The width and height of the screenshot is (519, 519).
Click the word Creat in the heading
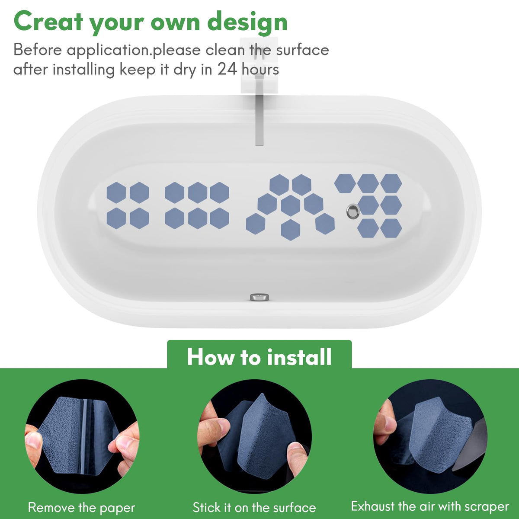(48, 22)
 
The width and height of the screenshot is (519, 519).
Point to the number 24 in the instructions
(227, 69)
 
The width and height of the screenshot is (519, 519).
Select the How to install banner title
(259, 357)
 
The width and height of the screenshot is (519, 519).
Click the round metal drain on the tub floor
(353, 211)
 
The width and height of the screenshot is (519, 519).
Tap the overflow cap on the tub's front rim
(259, 297)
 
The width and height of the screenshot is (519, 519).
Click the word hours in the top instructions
(260, 69)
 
